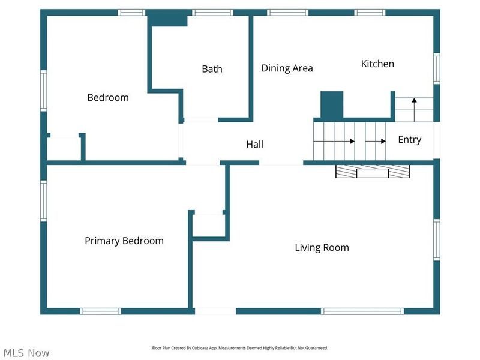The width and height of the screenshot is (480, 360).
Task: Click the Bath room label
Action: tap(212, 69)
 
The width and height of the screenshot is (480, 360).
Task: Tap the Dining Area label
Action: tap(287, 68)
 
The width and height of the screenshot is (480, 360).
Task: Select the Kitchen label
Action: tap(377, 64)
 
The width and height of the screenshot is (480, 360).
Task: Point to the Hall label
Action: tap(254, 144)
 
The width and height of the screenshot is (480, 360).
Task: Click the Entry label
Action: tap(410, 140)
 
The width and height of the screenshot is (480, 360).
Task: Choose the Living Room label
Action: tap(322, 247)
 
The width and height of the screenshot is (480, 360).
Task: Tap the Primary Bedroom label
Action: tap(124, 241)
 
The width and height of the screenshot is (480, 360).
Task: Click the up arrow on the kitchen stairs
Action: tap(414, 110)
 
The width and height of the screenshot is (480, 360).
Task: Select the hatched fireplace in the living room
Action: tap(373, 172)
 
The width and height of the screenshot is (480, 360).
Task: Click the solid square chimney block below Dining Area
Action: tap(332, 104)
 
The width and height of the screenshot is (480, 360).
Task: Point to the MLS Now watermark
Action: tap(26, 353)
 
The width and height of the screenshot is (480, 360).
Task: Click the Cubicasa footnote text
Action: tap(240, 348)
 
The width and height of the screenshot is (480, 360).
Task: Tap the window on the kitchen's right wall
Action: tap(437, 68)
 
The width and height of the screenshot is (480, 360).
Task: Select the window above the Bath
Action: tap(213, 13)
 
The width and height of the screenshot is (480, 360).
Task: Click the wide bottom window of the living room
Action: tap(362, 311)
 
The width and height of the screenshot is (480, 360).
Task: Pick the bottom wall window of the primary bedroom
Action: tap(100, 311)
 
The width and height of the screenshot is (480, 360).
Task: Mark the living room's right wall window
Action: tap(437, 240)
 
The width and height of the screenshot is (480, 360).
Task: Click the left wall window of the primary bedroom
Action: tap(44, 201)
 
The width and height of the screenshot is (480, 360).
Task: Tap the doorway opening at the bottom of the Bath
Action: tap(201, 119)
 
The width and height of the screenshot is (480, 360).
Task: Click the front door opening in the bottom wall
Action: tap(215, 311)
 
